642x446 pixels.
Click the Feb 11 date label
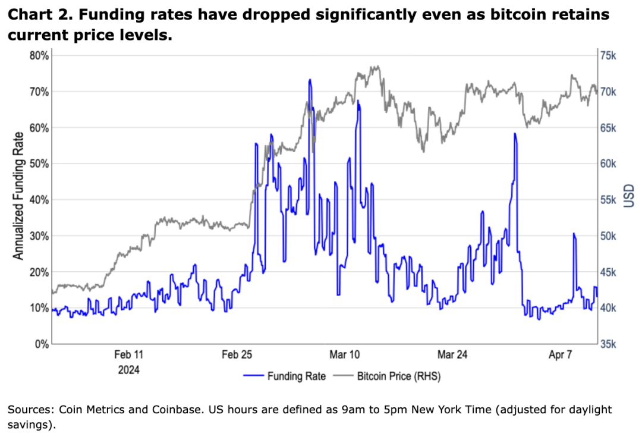click(x=129, y=356)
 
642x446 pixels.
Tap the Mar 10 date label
click(x=345, y=356)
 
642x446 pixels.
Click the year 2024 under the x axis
click(x=129, y=370)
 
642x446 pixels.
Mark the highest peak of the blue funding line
click(x=310, y=80)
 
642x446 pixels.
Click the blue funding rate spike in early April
click(x=574, y=234)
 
